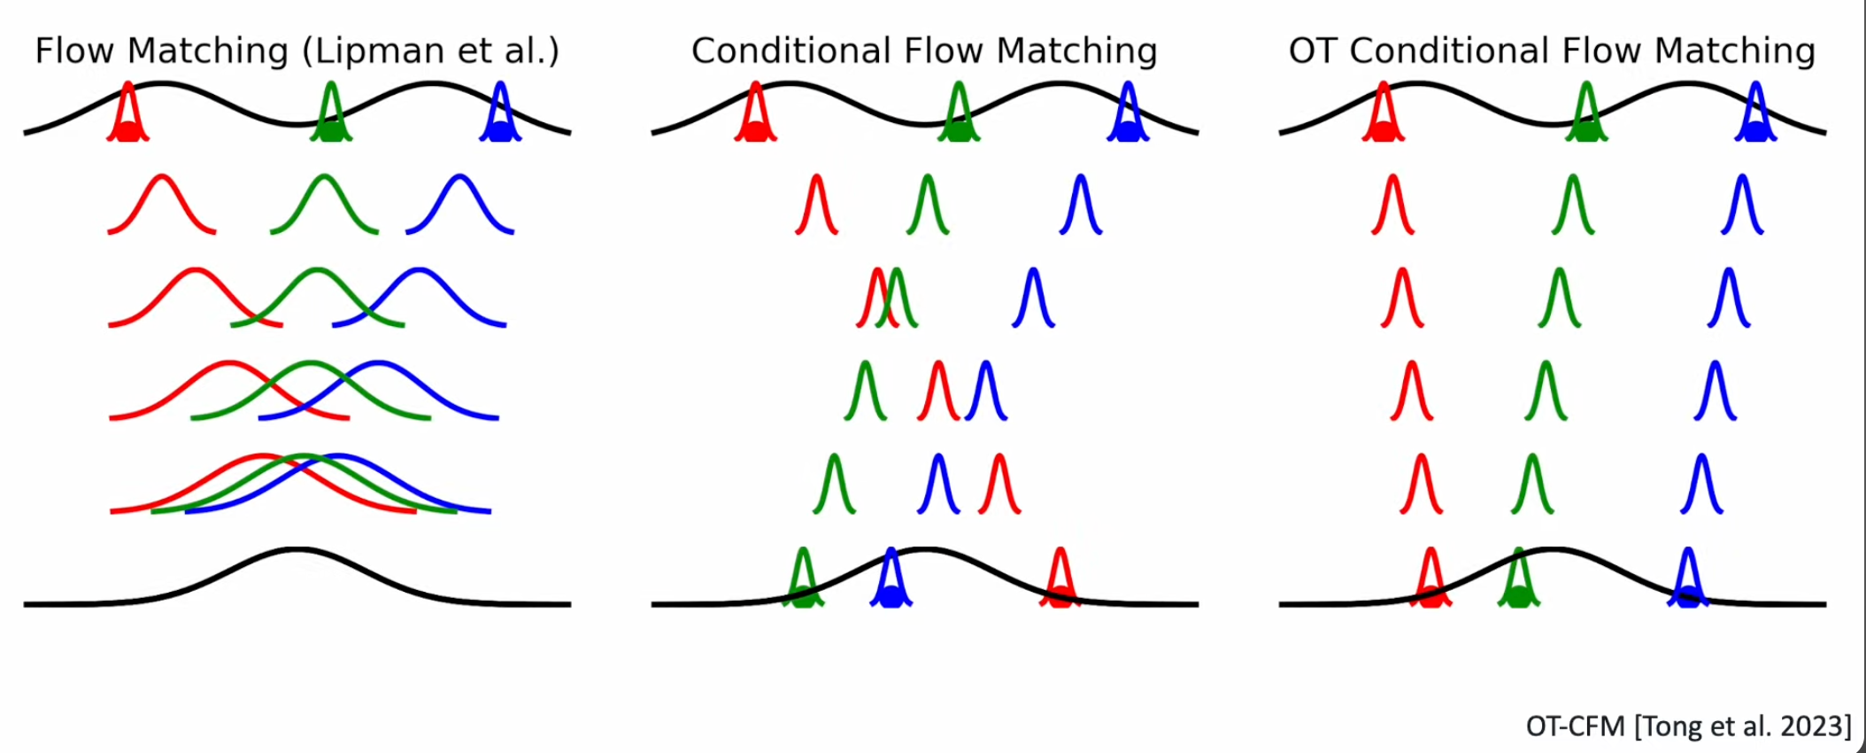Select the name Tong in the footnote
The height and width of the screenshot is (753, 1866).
1674,727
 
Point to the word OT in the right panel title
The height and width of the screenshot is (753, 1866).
1314,50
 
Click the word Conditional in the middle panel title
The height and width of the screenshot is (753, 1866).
791,50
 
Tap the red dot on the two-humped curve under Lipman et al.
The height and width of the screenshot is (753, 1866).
128,132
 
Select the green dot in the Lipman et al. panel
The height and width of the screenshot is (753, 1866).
331,132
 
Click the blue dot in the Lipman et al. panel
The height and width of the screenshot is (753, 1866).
500,132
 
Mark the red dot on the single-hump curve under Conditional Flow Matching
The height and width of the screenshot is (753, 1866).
1060,596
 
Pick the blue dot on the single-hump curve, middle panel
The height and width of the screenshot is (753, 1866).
891,596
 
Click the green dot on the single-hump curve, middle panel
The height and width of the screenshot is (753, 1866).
803,596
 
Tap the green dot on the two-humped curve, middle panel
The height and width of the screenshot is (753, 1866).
959,132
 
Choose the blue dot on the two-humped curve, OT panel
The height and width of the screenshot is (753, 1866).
1755,132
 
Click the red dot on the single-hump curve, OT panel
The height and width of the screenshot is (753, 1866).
1431,596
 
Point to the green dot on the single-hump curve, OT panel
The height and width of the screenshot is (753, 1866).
1519,596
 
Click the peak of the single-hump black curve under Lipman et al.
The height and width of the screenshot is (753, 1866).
297,550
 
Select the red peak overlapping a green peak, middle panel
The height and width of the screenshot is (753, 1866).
876,271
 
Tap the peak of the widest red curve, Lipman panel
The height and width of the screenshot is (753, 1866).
263,456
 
